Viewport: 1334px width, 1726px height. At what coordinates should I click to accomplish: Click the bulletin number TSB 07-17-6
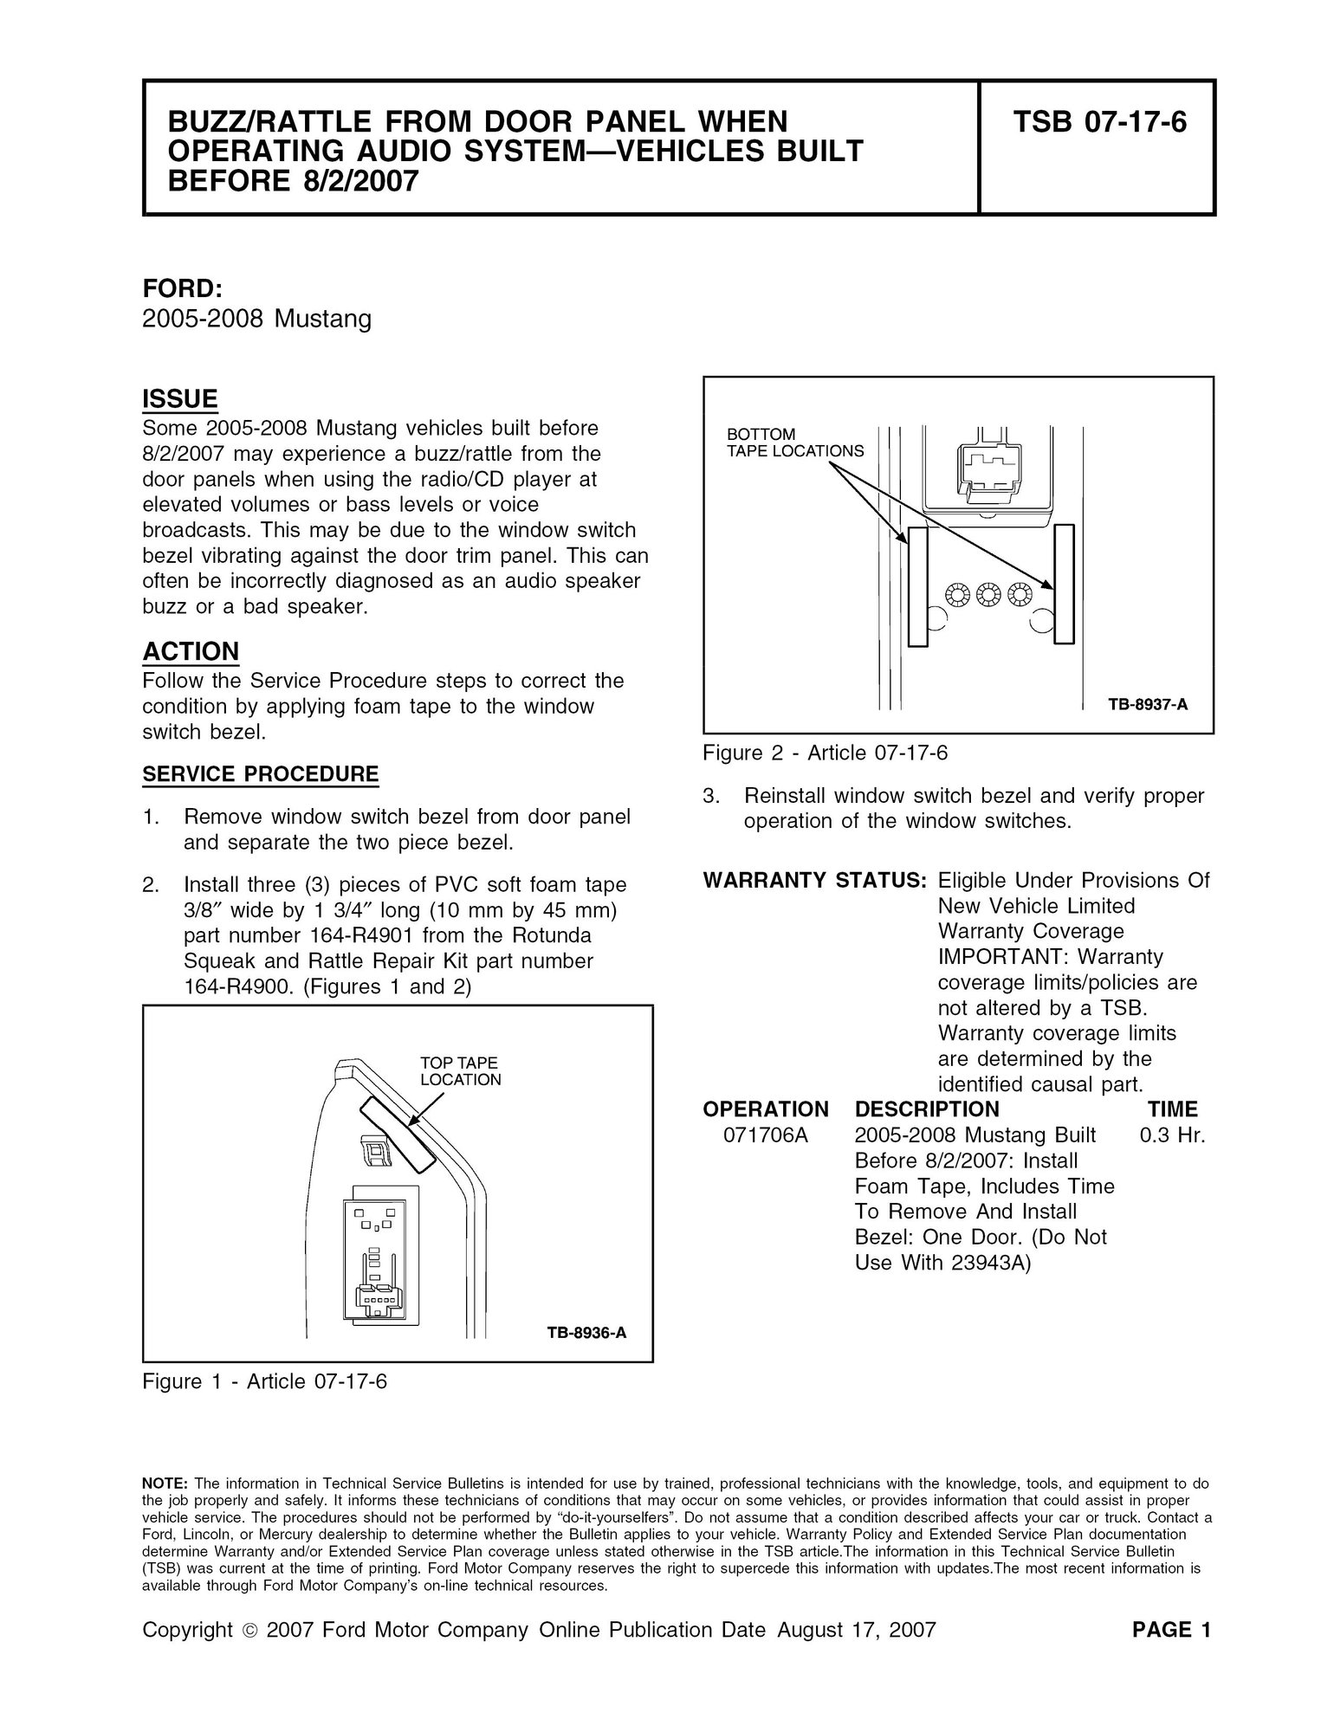(x=1099, y=122)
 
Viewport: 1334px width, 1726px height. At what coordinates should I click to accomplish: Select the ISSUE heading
(x=180, y=399)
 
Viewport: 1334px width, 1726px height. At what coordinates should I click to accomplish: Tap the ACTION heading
(x=191, y=650)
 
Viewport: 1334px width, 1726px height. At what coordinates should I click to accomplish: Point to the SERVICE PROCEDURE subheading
(x=261, y=773)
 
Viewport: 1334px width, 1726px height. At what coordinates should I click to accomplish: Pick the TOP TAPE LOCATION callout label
(x=460, y=1071)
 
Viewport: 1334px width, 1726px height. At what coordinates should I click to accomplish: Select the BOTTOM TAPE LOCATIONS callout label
(x=795, y=443)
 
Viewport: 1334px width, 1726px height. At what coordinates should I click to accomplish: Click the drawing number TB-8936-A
(x=586, y=1333)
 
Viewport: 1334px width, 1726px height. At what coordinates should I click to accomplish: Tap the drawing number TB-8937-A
(x=1148, y=705)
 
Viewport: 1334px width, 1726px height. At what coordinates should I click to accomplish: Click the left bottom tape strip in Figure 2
(x=917, y=585)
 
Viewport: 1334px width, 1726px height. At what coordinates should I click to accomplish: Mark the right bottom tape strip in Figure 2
(x=1064, y=585)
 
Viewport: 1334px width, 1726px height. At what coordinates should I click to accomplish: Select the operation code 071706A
(x=766, y=1135)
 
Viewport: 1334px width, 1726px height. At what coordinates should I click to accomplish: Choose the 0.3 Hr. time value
(x=1174, y=1135)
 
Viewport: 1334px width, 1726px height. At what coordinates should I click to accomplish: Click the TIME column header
(x=1173, y=1109)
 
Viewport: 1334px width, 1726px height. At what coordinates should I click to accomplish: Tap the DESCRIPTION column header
(x=927, y=1109)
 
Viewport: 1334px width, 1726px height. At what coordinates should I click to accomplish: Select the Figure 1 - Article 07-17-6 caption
(x=264, y=1381)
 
